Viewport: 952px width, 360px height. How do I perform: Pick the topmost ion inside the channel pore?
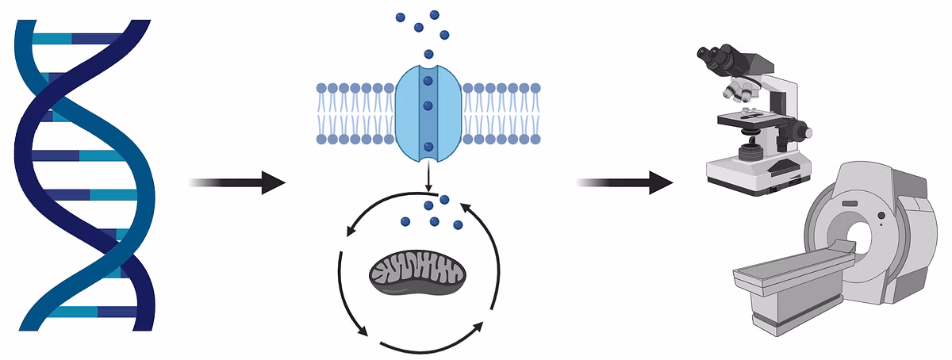[428, 80]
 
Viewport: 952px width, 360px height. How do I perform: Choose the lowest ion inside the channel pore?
[428, 147]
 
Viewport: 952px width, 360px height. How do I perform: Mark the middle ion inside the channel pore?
[428, 105]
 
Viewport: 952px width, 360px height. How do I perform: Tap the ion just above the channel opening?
[428, 54]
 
